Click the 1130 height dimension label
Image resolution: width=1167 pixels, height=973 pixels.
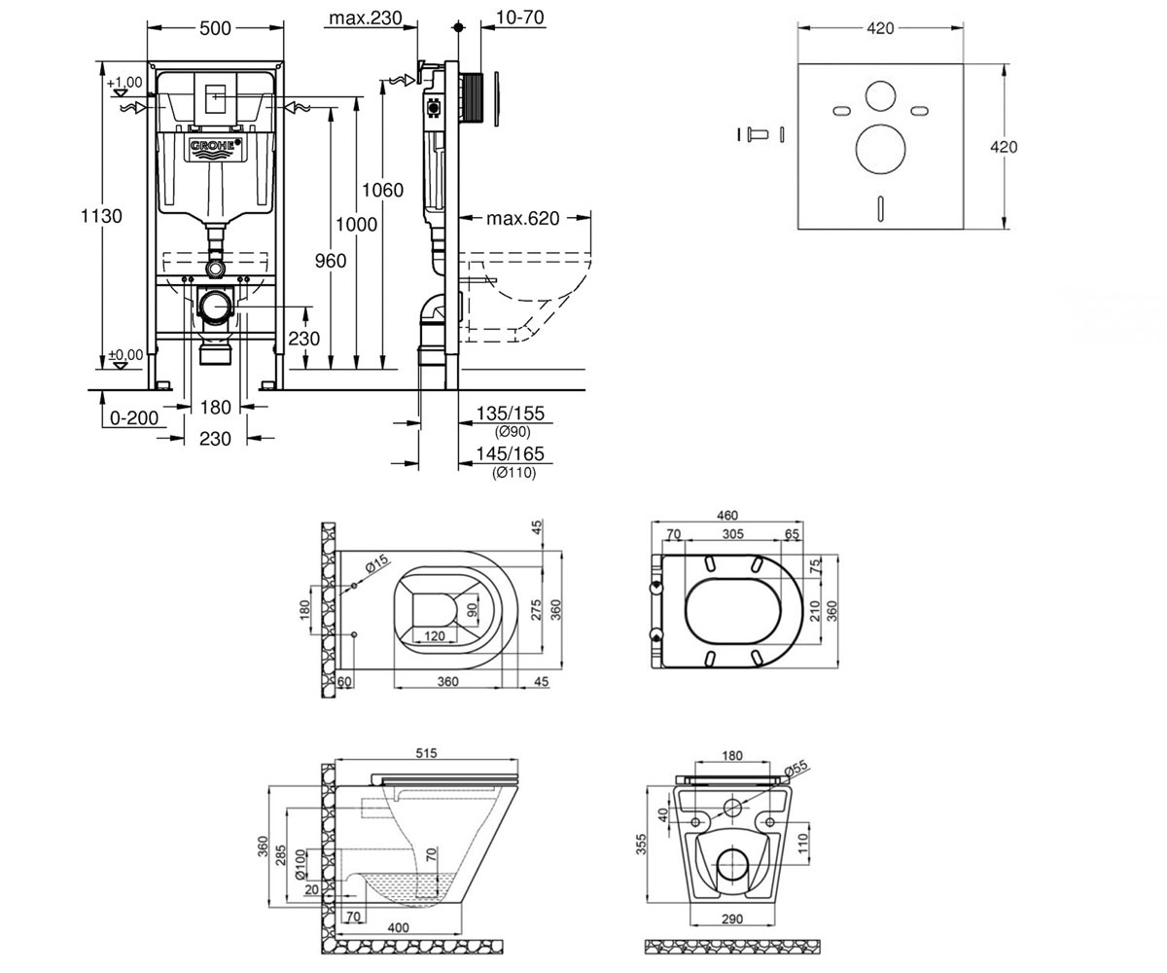101,216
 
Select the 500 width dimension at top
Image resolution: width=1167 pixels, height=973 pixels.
215,28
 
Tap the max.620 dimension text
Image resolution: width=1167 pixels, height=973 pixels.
522,218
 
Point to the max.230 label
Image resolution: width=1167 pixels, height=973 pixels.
366,18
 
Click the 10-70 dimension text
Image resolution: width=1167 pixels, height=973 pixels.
519,18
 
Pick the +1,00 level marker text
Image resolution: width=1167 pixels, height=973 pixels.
124,82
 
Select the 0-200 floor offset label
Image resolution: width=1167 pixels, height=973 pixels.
134,417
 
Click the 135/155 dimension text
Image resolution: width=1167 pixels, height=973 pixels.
510,414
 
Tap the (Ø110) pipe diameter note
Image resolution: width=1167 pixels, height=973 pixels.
513,473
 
